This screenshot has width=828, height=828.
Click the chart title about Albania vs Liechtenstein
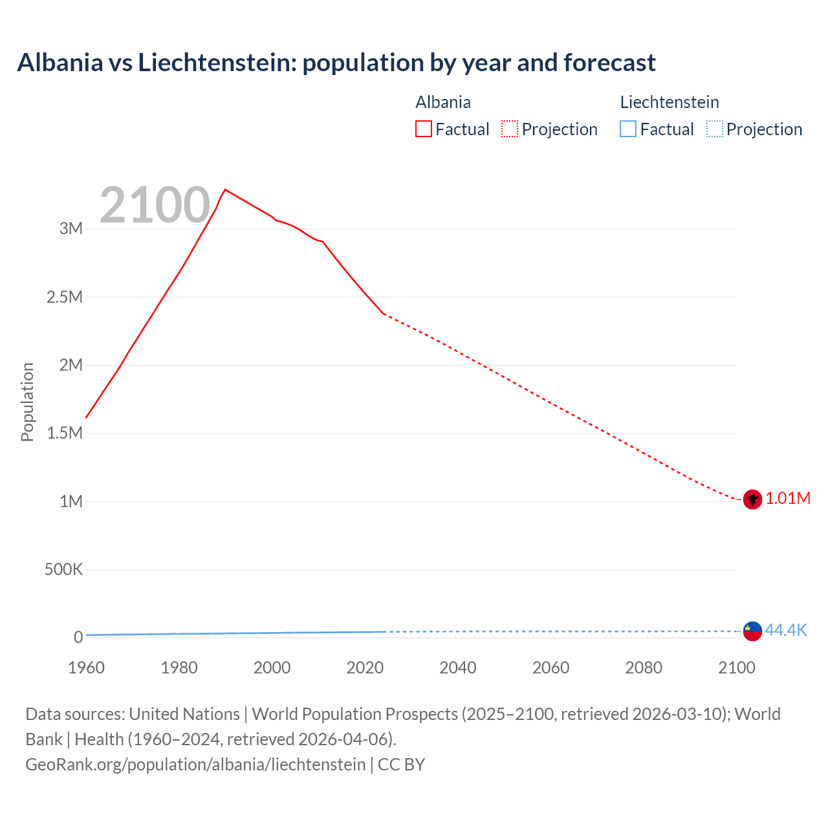[336, 63]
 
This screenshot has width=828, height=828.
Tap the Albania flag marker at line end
[752, 499]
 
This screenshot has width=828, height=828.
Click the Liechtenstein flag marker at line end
[752, 631]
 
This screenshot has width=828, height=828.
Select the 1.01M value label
[788, 499]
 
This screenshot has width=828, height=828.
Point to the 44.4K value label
[786, 630]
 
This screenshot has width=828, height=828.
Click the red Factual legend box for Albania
[423, 129]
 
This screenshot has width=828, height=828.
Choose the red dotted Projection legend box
[510, 129]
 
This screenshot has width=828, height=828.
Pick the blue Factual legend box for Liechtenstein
[628, 129]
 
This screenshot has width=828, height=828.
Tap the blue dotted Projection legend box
[714, 129]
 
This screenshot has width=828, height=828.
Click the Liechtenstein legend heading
[670, 102]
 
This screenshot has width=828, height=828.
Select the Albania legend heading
[443, 102]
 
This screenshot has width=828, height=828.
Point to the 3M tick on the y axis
[71, 228]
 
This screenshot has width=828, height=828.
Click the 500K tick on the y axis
[63, 570]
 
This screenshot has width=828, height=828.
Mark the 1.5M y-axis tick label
[65, 433]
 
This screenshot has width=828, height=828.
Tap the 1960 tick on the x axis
[86, 668]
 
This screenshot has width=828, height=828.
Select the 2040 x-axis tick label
[458, 668]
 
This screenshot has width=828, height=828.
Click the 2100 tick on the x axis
[736, 668]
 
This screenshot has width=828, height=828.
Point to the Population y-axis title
[27, 402]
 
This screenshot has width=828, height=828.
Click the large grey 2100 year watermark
[155, 205]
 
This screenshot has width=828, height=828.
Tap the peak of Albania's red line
[225, 190]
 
